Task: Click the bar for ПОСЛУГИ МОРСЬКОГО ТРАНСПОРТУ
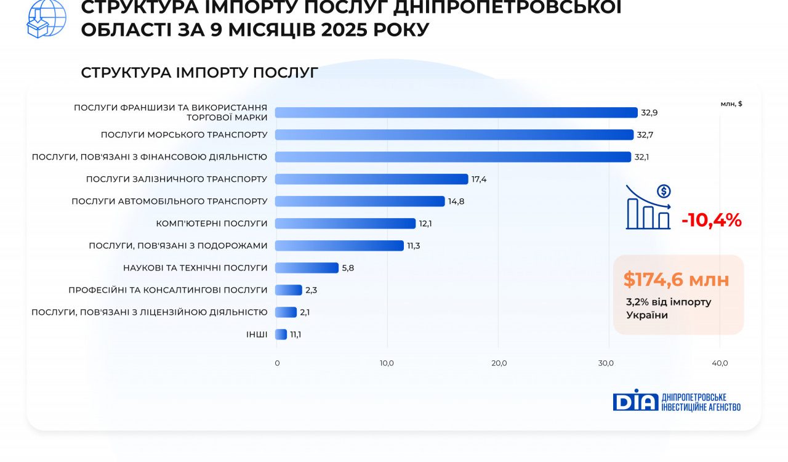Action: pos(454,135)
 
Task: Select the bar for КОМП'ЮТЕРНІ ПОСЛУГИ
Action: pos(345,224)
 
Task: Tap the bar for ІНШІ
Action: pos(281,334)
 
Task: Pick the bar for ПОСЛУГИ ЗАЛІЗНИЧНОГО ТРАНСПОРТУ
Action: pos(371,179)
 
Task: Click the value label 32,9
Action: pos(649,113)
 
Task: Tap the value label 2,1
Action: pos(305,312)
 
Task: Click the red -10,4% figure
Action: pos(711,220)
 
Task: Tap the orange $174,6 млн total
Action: pos(676,280)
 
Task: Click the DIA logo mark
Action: pos(635,400)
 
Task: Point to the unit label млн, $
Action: pos(731,103)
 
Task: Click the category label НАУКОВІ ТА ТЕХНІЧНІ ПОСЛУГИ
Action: pos(195,268)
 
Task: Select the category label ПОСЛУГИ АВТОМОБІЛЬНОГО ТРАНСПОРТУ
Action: pos(169,201)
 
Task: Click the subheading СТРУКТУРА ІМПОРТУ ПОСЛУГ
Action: pos(199,73)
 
